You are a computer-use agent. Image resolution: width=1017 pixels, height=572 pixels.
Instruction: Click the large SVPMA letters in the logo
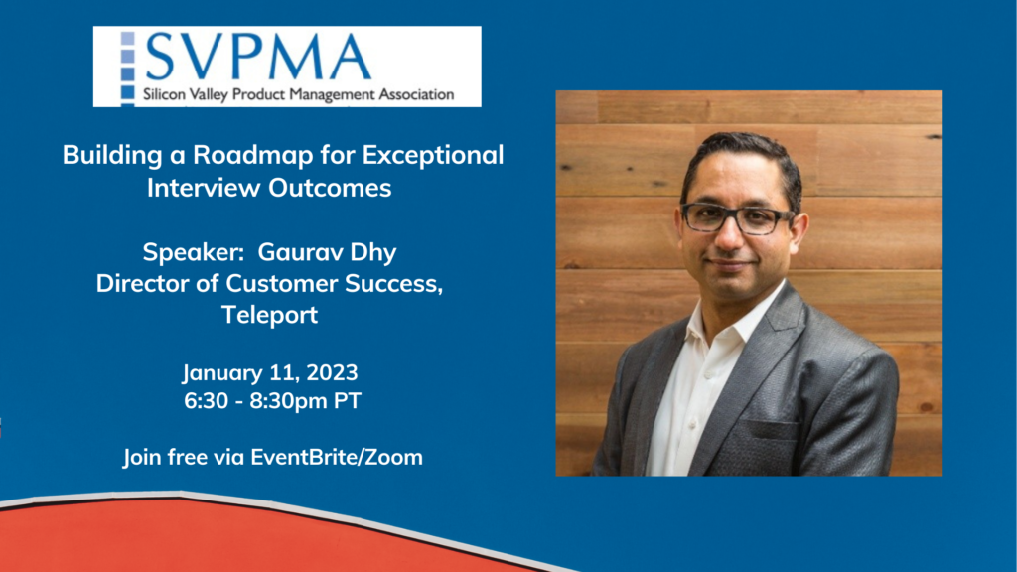(x=258, y=57)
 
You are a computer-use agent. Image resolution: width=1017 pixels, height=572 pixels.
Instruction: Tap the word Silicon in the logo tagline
(x=165, y=94)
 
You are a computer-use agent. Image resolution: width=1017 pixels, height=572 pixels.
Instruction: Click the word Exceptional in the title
(x=433, y=156)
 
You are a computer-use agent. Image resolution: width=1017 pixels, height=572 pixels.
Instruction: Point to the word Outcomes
(x=330, y=188)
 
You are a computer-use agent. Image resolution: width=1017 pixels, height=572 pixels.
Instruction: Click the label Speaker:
(x=194, y=253)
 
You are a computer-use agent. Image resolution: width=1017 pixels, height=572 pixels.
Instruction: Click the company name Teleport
(x=269, y=315)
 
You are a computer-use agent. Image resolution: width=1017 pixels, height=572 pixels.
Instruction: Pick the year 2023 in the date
(x=332, y=373)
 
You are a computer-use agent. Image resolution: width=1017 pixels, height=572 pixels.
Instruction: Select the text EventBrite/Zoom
(x=337, y=457)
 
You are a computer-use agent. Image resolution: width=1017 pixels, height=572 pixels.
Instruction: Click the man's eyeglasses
(x=736, y=218)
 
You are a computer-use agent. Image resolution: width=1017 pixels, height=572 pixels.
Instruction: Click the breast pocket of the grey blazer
(x=770, y=431)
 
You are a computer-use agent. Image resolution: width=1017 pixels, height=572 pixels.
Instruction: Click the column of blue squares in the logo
(x=128, y=67)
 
